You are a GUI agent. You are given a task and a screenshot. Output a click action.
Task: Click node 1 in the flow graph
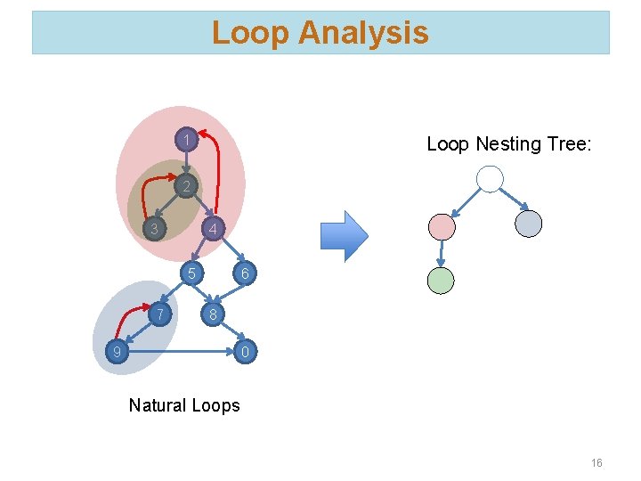click(x=185, y=140)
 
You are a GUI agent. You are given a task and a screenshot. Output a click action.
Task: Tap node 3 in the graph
click(x=155, y=229)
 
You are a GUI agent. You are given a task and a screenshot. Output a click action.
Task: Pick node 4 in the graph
click(x=212, y=229)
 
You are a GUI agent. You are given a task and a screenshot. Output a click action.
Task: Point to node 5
click(x=191, y=272)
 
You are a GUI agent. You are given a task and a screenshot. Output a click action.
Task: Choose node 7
click(x=158, y=314)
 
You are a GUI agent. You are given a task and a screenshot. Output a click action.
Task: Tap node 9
click(x=115, y=354)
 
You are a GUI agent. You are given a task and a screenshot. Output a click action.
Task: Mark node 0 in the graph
click(x=246, y=354)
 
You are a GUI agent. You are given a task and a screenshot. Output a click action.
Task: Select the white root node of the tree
click(x=490, y=179)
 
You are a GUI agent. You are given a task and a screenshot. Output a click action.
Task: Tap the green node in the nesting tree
click(x=441, y=281)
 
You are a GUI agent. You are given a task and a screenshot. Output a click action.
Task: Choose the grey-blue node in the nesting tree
click(x=528, y=224)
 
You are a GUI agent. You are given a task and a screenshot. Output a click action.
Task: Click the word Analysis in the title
click(x=363, y=33)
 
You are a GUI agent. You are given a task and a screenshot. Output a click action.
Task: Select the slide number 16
click(x=596, y=462)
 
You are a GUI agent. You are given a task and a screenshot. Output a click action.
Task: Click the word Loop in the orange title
click(x=251, y=33)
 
